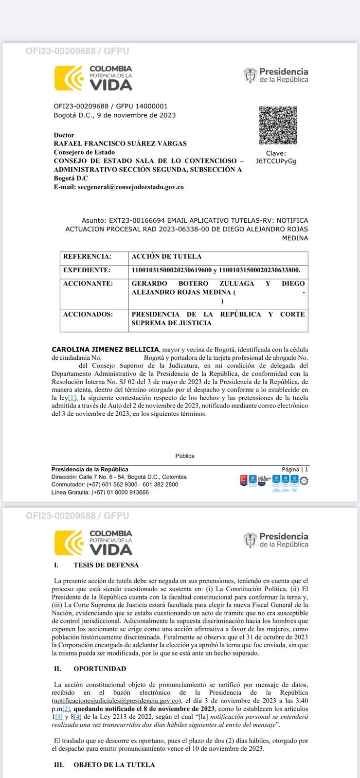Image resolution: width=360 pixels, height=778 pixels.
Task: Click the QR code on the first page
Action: pos(278,125)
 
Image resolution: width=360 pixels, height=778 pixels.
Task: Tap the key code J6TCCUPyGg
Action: pos(276,161)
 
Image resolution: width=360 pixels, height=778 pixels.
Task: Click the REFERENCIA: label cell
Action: pos(88,256)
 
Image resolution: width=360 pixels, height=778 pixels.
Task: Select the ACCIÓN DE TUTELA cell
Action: pos(166,256)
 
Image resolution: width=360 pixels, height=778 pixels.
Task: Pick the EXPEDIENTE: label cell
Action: pos(87,270)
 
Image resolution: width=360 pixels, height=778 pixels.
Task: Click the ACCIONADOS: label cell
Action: pos(88,314)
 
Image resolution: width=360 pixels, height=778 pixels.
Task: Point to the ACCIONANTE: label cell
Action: pos(88,283)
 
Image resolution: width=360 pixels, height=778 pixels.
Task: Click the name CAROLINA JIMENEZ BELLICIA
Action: pos(105,350)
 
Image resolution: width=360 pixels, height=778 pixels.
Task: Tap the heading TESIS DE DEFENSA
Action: pos(106,565)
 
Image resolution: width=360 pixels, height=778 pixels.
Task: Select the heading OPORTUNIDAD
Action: pos(100,669)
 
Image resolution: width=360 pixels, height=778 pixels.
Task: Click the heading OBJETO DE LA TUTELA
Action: pos(114,765)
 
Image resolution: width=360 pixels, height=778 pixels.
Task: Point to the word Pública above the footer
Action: pos(185,456)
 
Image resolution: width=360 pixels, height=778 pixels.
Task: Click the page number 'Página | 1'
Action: pos(295,469)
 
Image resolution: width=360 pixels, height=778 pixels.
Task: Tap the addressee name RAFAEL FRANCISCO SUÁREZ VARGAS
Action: pos(120,143)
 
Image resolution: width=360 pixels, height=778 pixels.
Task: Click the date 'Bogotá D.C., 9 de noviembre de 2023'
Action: pos(115,115)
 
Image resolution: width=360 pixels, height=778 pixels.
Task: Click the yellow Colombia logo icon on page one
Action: pos(69,78)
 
